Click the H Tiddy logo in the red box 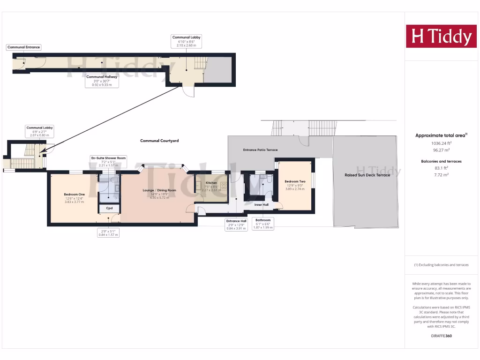click(x=441, y=37)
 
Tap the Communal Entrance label click(x=23, y=47)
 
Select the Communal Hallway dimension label click(x=102, y=81)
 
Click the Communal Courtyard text click(x=159, y=141)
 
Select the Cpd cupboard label click(x=109, y=208)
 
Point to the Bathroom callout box click(x=263, y=224)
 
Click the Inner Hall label click(x=262, y=205)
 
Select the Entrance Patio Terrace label click(x=260, y=150)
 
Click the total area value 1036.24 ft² click(x=441, y=143)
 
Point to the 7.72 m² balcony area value click(x=441, y=174)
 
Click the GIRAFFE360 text click(x=441, y=336)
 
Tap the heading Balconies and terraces click(x=441, y=161)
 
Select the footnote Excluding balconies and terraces click(x=441, y=265)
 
